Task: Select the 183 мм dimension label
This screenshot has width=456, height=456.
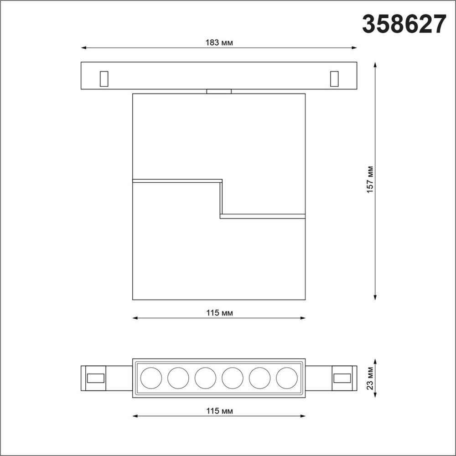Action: point(219,43)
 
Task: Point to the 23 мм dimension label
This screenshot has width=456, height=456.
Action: point(370,378)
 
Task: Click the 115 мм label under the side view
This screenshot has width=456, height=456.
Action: point(219,313)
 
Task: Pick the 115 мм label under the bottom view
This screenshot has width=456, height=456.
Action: point(219,411)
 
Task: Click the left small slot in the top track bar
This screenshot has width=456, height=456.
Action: point(104,78)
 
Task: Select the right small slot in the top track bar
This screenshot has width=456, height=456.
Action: point(335,78)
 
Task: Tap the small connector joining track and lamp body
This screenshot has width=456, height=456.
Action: point(219,91)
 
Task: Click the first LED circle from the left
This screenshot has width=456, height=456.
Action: point(151,378)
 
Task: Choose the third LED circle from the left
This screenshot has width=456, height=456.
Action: point(205,378)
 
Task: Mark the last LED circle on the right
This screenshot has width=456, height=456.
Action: point(287,378)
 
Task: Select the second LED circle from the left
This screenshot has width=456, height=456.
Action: point(178,378)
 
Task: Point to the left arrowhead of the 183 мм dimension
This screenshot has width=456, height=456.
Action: point(83,47)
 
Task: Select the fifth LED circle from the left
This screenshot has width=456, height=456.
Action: point(260,378)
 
